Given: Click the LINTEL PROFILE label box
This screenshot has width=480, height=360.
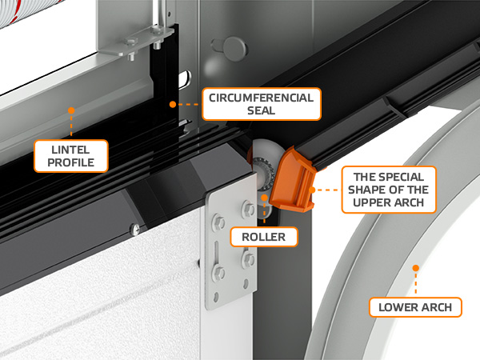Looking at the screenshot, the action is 71,156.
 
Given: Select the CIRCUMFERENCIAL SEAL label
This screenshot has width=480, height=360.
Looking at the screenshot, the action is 262,104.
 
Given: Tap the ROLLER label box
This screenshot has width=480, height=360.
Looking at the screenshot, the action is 264,237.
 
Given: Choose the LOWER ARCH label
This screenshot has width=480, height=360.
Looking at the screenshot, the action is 415,307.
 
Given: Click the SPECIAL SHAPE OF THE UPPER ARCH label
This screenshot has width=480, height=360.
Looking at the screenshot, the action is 389,190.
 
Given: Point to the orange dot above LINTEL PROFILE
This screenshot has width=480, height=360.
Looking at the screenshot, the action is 71,110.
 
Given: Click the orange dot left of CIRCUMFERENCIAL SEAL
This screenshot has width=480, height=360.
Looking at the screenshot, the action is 173,104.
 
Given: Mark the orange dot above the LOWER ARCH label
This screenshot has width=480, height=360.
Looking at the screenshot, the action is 415,268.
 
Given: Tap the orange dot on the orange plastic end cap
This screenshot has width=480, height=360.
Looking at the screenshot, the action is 312,190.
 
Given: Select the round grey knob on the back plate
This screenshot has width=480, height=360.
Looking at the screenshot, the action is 234,49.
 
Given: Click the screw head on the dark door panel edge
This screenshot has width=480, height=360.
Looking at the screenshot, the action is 135,228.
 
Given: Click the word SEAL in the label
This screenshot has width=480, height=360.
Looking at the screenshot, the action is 262,110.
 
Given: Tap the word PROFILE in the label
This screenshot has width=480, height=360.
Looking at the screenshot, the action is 71,162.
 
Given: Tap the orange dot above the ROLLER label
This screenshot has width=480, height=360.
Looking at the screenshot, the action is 264,198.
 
